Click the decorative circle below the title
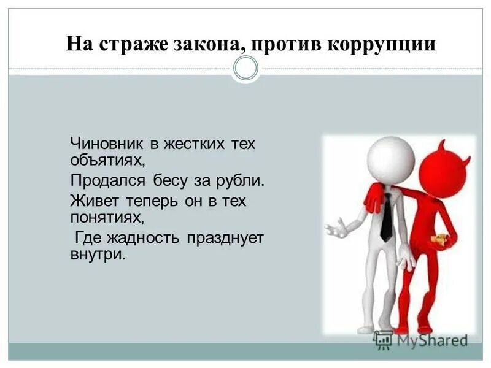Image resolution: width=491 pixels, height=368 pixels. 246,68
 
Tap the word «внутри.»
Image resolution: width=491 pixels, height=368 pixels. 98,253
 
